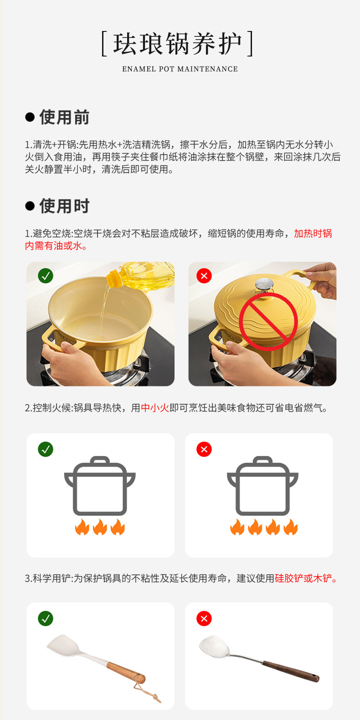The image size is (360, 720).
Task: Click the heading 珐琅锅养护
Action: coord(177,43)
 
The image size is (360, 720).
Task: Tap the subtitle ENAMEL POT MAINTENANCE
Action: coord(180,69)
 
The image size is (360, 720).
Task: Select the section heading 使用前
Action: coord(64,117)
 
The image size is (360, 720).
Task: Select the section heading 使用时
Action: coord(64,206)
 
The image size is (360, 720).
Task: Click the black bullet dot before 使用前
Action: coord(30,117)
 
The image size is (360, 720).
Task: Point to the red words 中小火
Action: coord(155,408)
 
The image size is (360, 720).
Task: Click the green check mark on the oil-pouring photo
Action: coord(46,276)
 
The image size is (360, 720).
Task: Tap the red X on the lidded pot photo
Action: coord(204,276)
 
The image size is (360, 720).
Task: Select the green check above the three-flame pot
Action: coord(46,449)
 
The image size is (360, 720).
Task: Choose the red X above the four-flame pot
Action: coord(204,449)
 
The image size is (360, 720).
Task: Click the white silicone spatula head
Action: coord(64,644)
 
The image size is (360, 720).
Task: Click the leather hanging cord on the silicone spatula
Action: coord(148,691)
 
